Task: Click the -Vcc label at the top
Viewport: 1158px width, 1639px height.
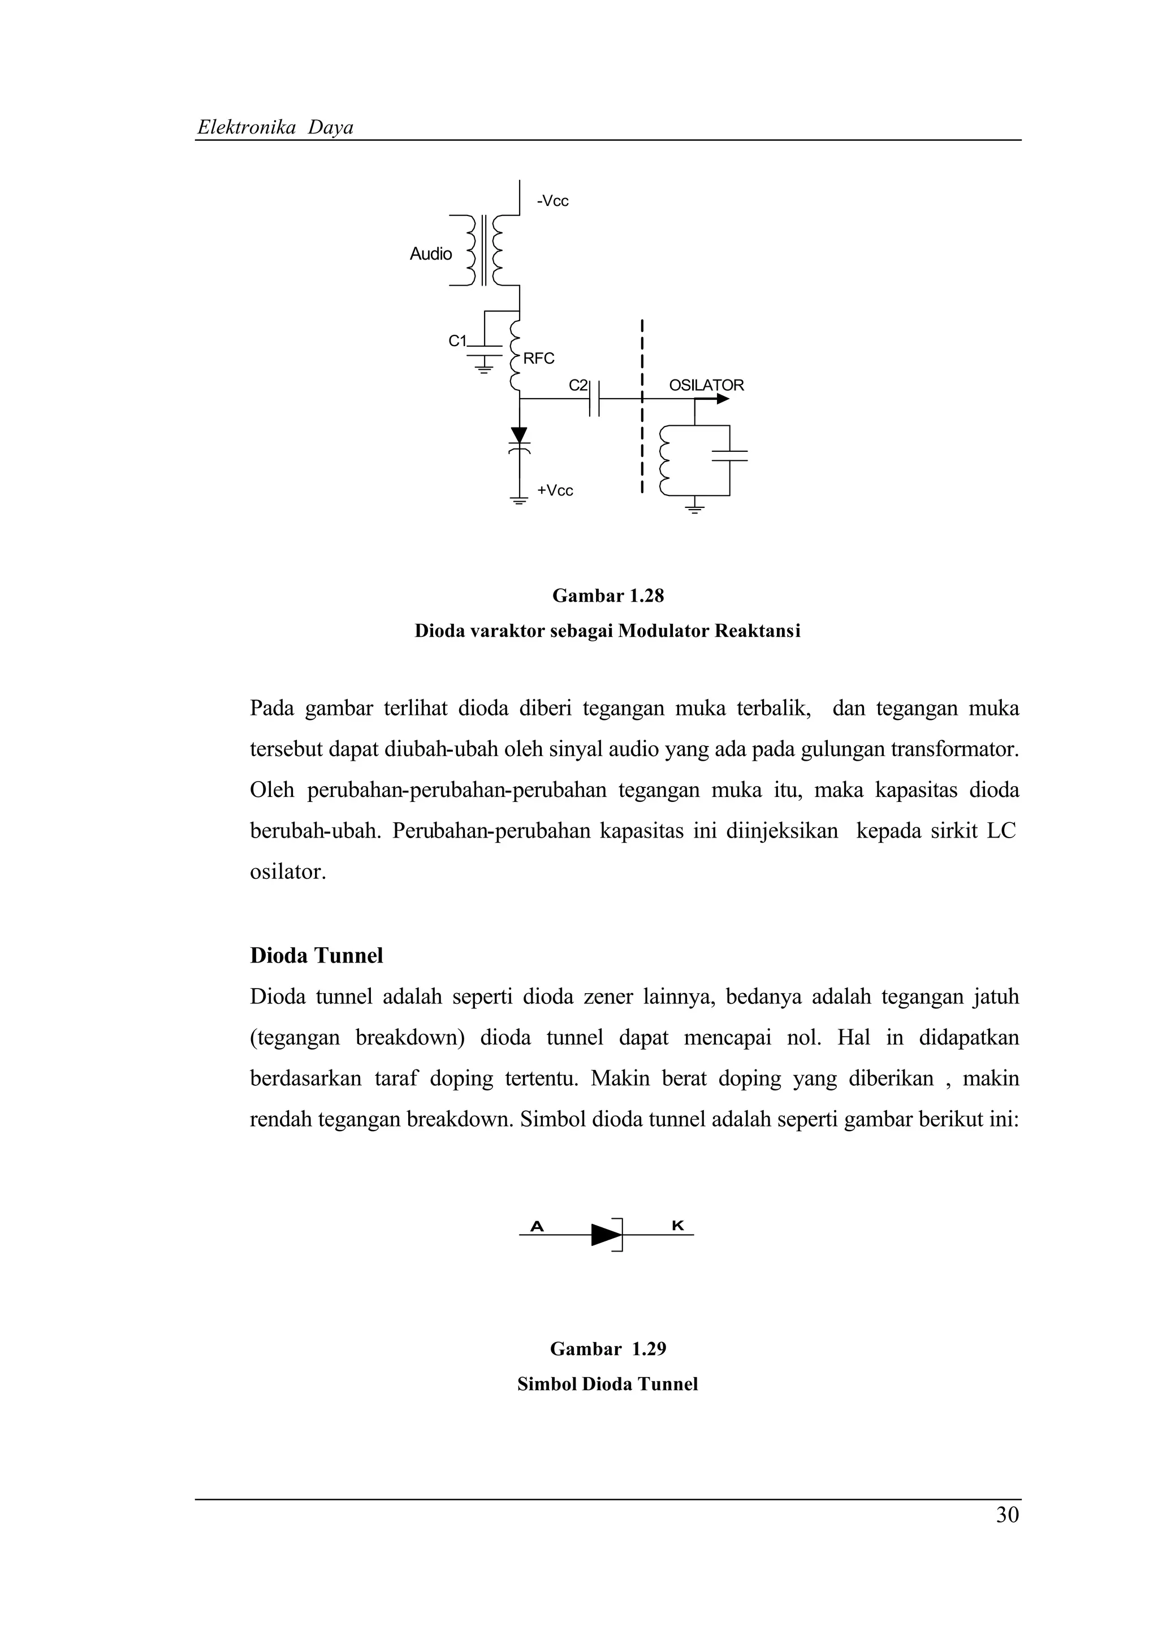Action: (553, 201)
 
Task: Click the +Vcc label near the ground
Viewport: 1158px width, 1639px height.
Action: (555, 490)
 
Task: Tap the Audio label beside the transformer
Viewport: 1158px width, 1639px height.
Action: (430, 254)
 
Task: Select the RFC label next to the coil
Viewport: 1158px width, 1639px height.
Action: (539, 359)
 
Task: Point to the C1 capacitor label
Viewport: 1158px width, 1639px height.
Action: (457, 341)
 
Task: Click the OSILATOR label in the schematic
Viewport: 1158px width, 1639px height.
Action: (706, 386)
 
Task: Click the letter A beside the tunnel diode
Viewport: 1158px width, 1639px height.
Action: (537, 1226)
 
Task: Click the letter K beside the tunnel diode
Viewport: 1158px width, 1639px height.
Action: (678, 1226)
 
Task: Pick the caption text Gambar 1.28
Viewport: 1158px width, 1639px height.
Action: (608, 596)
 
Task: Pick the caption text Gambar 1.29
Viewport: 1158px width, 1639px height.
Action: (608, 1348)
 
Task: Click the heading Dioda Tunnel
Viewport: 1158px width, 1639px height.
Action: (316, 955)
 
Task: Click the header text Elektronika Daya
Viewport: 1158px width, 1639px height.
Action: (275, 128)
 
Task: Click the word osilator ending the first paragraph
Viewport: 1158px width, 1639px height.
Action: (287, 872)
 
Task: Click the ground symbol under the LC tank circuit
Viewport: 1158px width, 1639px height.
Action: (694, 508)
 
